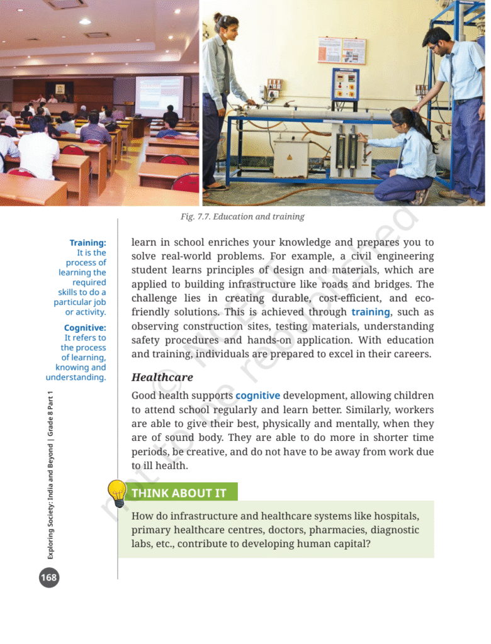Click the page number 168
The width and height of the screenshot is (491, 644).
(48, 576)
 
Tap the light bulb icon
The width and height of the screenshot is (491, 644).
(118, 492)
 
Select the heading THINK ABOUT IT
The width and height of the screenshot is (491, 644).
(179, 493)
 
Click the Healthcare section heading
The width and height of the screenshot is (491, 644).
(162, 377)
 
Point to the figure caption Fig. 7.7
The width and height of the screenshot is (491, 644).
(242, 216)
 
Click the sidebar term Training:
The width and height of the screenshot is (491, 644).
(87, 243)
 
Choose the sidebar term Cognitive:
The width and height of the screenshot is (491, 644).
(85, 328)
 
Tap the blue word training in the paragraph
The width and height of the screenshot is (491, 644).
(371, 312)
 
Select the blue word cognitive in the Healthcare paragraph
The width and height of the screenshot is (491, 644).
(257, 396)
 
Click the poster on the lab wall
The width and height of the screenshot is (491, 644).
(341, 50)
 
